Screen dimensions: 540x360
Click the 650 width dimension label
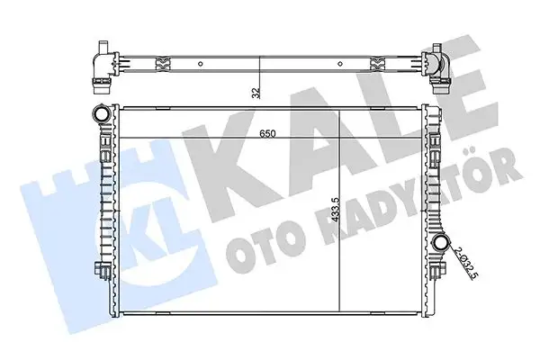(x=267, y=134)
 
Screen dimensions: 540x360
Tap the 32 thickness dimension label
(x=256, y=93)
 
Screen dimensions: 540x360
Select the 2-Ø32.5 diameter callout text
(x=465, y=263)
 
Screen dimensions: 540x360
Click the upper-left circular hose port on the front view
(x=102, y=114)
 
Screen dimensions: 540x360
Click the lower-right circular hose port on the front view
(x=441, y=242)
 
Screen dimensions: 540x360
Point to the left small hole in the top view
(x=200, y=64)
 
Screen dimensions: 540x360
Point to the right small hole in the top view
(x=340, y=64)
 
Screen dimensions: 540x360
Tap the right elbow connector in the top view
(x=436, y=68)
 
